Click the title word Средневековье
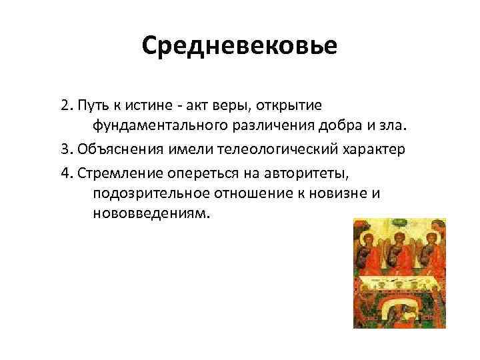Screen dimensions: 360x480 (240, 46)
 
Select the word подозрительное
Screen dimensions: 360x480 (149, 194)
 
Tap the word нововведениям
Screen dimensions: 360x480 (148, 215)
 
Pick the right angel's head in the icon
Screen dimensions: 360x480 (431, 239)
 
